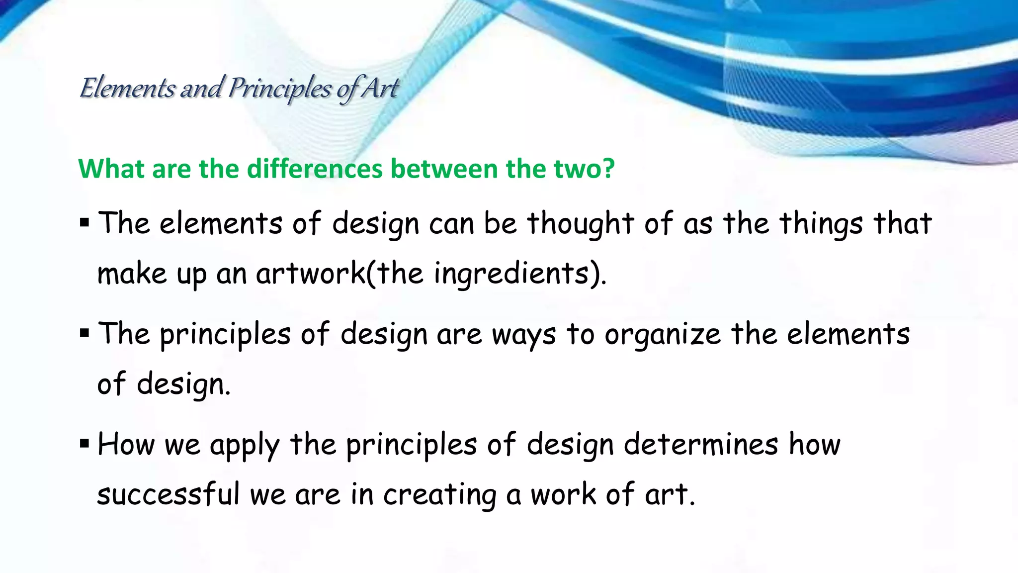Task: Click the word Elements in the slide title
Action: point(127,89)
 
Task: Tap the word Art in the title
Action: point(380,89)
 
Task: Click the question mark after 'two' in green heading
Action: point(608,169)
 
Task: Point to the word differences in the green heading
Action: point(315,169)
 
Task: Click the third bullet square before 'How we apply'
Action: point(84,443)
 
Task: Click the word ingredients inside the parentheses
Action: point(511,274)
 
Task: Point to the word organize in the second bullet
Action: point(662,335)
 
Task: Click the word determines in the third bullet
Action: point(701,444)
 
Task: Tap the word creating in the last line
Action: point(440,495)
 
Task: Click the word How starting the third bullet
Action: point(126,444)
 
